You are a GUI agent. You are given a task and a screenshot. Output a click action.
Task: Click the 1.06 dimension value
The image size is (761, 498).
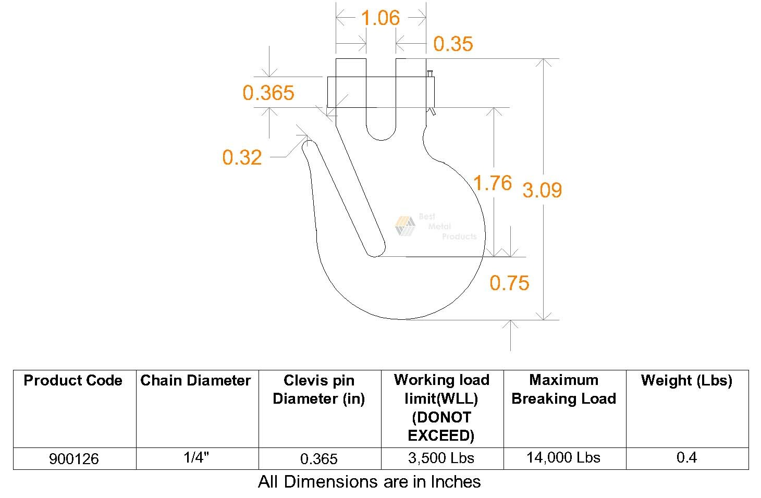point(380,18)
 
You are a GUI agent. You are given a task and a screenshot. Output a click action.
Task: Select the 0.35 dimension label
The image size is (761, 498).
point(453,44)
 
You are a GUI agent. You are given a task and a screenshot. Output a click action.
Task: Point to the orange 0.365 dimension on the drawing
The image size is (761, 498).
point(268,93)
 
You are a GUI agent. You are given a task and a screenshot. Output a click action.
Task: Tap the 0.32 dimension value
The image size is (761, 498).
point(242,157)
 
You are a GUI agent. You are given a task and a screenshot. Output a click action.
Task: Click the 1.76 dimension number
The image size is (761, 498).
point(493,183)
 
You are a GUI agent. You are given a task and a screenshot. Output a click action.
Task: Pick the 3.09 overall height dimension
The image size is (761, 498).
point(542,190)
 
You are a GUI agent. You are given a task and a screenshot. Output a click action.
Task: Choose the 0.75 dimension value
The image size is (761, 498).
point(509,283)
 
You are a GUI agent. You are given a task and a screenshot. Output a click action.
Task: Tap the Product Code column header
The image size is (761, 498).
point(73,381)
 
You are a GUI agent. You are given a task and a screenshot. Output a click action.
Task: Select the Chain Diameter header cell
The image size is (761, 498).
point(195,381)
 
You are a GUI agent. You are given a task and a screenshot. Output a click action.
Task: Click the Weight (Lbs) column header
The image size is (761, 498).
point(686,381)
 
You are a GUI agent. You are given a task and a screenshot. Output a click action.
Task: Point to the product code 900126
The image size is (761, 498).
point(74,459)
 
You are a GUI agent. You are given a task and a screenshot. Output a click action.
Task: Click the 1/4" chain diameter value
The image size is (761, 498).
point(196,458)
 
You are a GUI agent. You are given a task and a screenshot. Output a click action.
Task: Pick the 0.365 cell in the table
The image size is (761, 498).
point(319,459)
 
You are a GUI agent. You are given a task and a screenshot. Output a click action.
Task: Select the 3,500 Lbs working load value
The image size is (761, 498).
point(441,458)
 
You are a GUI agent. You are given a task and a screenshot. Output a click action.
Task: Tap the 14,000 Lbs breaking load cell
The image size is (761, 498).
point(563,458)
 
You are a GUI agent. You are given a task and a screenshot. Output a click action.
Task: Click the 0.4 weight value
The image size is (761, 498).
point(686,458)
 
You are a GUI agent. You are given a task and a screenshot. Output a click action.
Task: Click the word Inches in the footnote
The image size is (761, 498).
point(455,482)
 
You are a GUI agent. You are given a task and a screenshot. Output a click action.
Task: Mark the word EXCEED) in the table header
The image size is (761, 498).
point(441,435)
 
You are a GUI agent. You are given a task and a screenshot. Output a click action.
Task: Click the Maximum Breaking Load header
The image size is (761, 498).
point(563,390)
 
